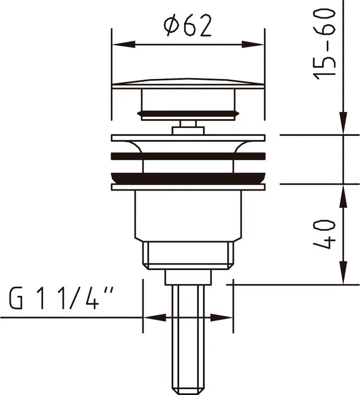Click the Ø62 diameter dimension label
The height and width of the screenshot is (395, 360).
point(188,25)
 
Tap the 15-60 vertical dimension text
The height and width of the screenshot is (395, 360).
point(324,44)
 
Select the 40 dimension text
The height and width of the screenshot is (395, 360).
point(324,234)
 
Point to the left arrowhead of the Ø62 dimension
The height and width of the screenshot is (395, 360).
point(123,44)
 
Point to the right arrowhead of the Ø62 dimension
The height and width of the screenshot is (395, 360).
point(253,44)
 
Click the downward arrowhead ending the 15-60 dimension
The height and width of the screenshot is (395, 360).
point(343,123)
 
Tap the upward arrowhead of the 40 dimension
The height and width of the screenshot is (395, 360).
point(343,196)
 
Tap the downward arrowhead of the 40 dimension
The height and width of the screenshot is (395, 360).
point(343,273)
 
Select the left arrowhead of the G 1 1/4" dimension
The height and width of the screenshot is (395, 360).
point(155,317)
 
